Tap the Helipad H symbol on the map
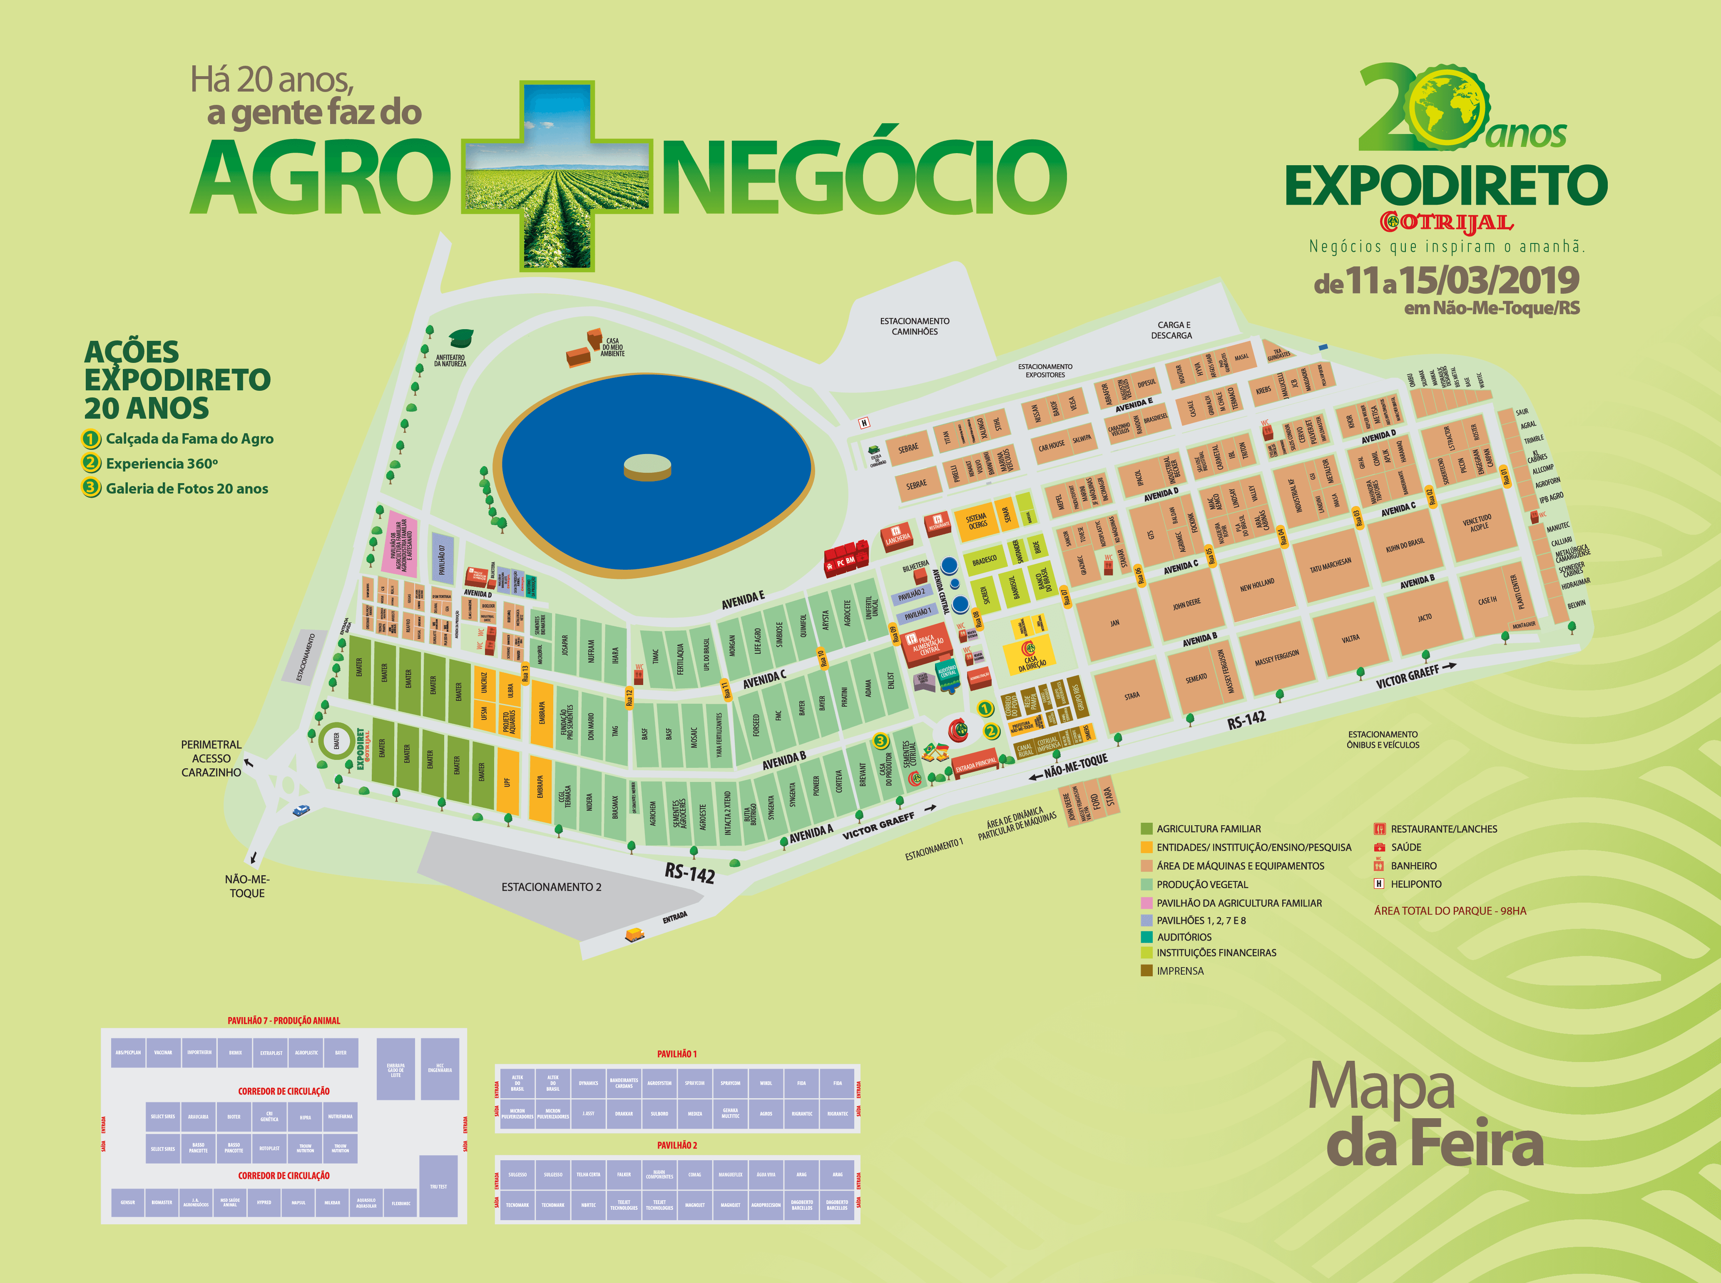click(863, 422)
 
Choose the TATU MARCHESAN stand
click(1330, 565)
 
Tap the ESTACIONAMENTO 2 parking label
click(551, 887)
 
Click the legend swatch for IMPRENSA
click(1146, 970)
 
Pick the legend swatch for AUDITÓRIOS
click(1146, 937)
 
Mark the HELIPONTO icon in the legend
click(1379, 884)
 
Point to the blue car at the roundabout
click(301, 810)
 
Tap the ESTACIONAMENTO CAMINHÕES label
click(915, 326)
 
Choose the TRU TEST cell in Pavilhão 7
click(438, 1186)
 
